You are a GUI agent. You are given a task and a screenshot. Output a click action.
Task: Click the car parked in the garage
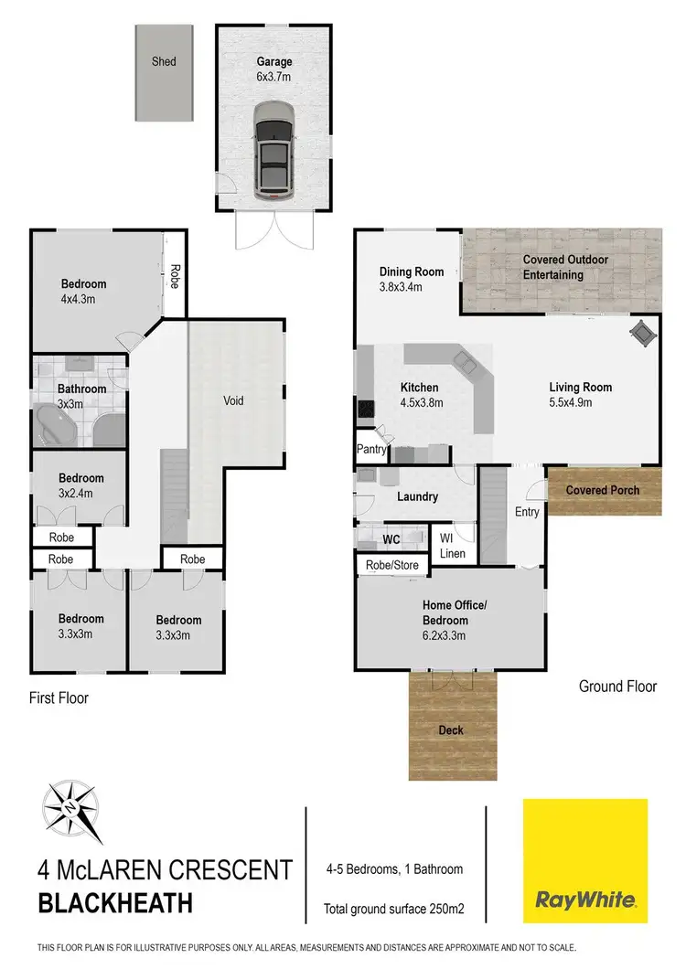click(273, 150)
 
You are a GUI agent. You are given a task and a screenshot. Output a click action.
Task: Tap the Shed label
click(165, 62)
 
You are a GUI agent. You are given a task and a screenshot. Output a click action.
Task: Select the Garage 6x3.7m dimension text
click(274, 77)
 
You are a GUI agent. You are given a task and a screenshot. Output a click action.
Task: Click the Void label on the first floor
click(233, 400)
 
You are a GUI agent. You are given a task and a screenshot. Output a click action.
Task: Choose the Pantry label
click(370, 450)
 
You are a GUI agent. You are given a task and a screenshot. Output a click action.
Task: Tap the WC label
click(391, 539)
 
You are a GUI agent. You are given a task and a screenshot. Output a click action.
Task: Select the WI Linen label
click(453, 546)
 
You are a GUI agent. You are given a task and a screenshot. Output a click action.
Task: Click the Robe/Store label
click(392, 566)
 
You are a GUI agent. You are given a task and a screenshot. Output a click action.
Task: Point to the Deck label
click(451, 729)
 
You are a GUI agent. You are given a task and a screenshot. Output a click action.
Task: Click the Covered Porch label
click(603, 490)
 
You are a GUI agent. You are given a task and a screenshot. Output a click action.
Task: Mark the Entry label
click(527, 512)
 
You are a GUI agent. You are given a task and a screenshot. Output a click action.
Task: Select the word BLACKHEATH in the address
click(115, 903)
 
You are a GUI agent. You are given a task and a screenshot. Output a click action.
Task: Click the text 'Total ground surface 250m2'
click(395, 909)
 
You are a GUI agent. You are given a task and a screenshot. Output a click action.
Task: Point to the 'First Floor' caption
click(59, 697)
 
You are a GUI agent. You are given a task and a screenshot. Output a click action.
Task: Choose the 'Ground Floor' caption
click(618, 687)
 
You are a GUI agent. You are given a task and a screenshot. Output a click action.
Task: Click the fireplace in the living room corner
click(642, 333)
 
